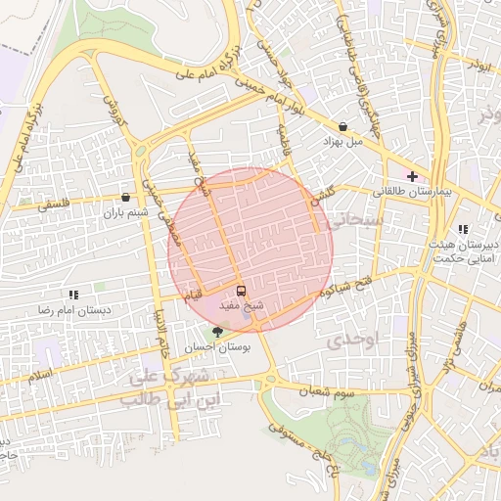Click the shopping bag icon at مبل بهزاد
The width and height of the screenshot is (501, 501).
point(343,126)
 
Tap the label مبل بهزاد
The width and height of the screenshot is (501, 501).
point(343,141)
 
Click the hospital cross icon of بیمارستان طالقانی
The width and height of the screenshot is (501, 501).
point(413,177)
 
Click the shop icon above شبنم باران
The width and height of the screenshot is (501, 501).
point(125,196)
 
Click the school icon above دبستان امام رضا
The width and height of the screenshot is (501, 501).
point(73,294)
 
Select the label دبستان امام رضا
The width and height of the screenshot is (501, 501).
point(73,309)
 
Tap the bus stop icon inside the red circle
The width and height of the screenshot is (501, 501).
point(241,291)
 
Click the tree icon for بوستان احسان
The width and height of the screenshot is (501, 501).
point(217,332)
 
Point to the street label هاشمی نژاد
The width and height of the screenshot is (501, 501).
point(452,347)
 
